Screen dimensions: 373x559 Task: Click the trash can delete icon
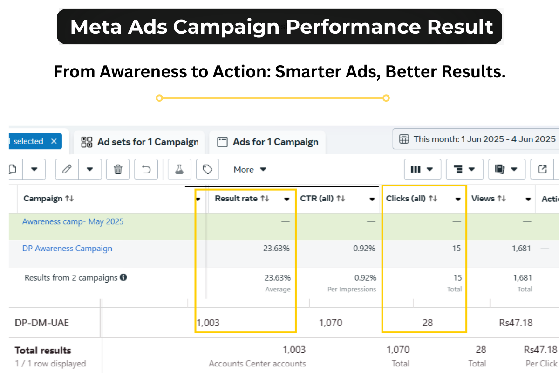pyautogui.click(x=118, y=169)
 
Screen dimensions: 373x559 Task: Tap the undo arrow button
pyautogui.click(x=146, y=169)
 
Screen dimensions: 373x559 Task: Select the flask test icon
pyautogui.click(x=179, y=169)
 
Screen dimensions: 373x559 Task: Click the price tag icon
pyautogui.click(x=208, y=169)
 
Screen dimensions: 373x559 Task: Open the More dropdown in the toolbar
pyautogui.click(x=250, y=169)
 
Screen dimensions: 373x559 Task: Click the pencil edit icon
pyautogui.click(x=67, y=169)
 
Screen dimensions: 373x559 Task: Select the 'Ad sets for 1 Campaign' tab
pyautogui.click(x=140, y=142)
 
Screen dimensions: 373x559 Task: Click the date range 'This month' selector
pyautogui.click(x=478, y=139)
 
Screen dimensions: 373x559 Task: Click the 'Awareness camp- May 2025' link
pyautogui.click(x=73, y=221)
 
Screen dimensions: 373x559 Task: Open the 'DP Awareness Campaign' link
pyautogui.click(x=67, y=249)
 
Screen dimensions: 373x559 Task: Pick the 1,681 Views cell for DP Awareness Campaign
pyautogui.click(x=522, y=249)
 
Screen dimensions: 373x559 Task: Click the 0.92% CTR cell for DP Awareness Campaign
pyautogui.click(x=364, y=249)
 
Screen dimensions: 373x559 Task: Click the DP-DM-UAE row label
pyautogui.click(x=42, y=323)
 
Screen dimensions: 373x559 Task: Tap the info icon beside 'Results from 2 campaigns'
pyautogui.click(x=123, y=277)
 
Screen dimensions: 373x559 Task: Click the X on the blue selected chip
pyautogui.click(x=54, y=141)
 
